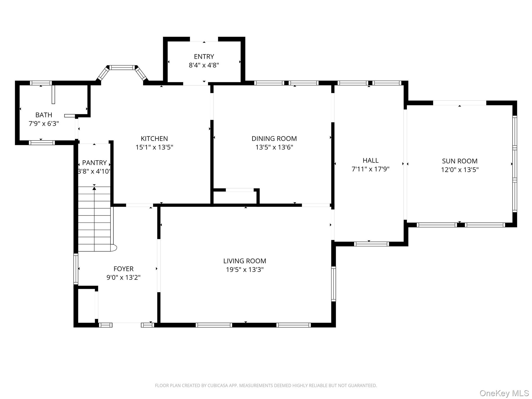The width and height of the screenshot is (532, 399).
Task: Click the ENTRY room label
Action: [x=204, y=57]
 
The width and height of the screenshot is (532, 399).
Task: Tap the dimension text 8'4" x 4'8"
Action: [x=204, y=65]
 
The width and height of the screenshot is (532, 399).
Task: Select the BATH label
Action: [x=44, y=115]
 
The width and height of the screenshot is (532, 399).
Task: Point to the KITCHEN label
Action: [x=154, y=138]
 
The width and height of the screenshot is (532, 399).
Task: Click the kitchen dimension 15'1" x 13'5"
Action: [x=154, y=147]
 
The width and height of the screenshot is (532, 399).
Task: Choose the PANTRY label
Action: [x=94, y=163]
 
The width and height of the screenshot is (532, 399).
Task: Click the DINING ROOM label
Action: [x=274, y=138]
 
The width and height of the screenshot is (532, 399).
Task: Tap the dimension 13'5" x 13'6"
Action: [x=274, y=147]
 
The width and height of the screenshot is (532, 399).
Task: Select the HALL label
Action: [x=370, y=160]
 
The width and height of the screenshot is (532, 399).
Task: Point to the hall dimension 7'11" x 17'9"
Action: [x=370, y=169]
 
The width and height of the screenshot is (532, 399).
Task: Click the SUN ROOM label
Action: [x=460, y=161]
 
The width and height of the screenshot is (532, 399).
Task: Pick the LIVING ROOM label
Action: [x=245, y=261]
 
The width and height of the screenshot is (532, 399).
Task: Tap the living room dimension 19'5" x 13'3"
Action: [x=245, y=270]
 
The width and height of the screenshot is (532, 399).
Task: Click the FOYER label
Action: [x=123, y=269]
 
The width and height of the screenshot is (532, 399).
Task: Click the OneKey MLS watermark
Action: [x=504, y=393]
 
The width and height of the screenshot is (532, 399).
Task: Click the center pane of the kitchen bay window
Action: [x=122, y=68]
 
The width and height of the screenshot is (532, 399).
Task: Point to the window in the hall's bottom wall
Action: [x=371, y=244]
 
